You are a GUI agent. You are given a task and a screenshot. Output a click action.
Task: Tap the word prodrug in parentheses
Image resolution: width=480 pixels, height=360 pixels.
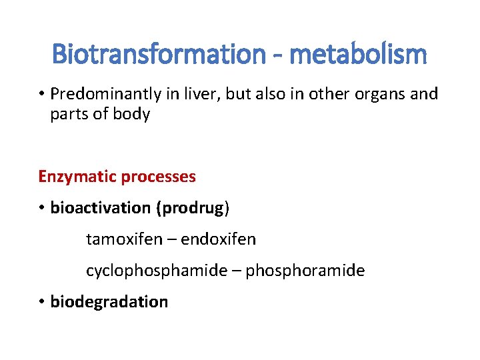[x=193, y=208]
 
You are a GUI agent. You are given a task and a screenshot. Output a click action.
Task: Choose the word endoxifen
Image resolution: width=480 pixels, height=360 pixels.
[x=218, y=239]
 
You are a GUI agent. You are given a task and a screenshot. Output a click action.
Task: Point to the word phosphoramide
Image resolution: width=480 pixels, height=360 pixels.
[x=305, y=271]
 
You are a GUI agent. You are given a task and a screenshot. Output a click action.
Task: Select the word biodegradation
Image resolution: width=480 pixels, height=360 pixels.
[x=109, y=302]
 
